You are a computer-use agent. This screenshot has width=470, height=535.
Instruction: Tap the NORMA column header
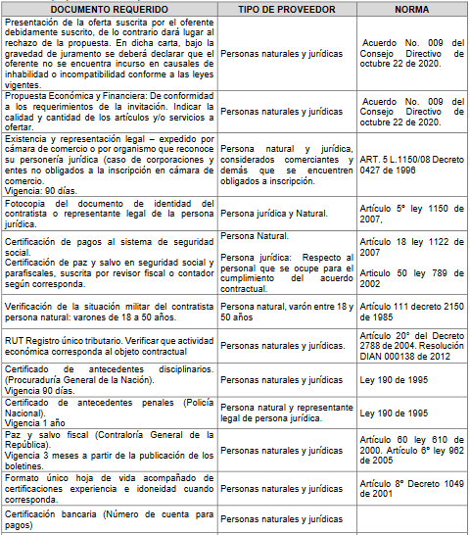pos(411,9)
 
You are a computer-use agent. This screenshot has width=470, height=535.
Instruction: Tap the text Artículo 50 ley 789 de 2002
pos(411,276)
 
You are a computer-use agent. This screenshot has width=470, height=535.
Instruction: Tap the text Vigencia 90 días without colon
pos(37,389)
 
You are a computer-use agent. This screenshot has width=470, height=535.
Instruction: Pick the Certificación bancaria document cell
pos(110,520)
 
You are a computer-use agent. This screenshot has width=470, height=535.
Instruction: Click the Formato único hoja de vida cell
pos(110,486)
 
